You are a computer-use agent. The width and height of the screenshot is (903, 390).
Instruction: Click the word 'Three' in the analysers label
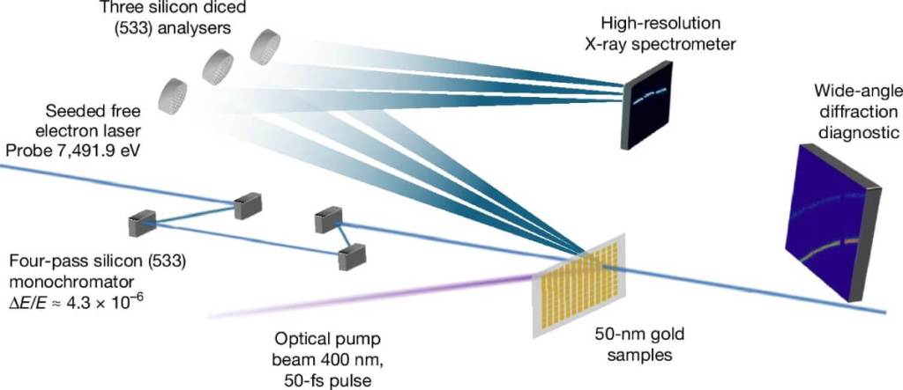click(119, 8)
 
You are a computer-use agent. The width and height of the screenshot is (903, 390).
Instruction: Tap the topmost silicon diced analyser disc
click(265, 48)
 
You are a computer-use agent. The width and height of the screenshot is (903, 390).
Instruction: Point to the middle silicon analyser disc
click(218, 68)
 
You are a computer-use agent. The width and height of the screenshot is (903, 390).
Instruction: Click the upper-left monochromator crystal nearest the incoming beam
click(248, 206)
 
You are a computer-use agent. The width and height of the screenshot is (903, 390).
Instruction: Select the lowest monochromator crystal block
click(352, 257)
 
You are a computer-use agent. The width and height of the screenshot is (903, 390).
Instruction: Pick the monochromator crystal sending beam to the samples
click(328, 221)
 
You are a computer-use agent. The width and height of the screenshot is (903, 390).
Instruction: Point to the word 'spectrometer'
click(698, 45)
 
